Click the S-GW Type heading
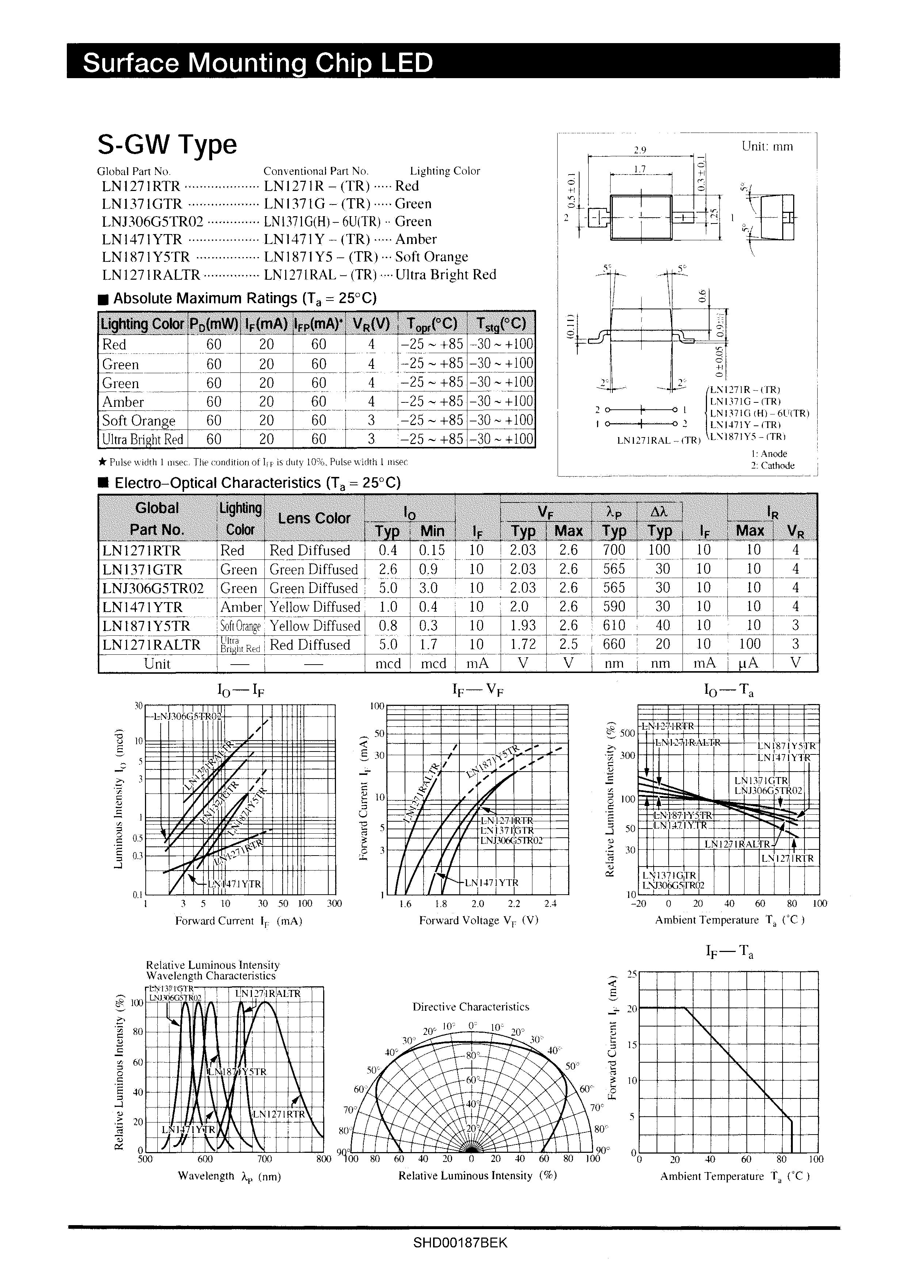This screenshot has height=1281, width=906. coord(167,145)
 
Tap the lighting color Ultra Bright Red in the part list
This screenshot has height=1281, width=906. coord(445,275)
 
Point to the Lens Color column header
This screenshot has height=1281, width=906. coord(314,518)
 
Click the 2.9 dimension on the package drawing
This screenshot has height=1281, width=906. coord(640,150)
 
